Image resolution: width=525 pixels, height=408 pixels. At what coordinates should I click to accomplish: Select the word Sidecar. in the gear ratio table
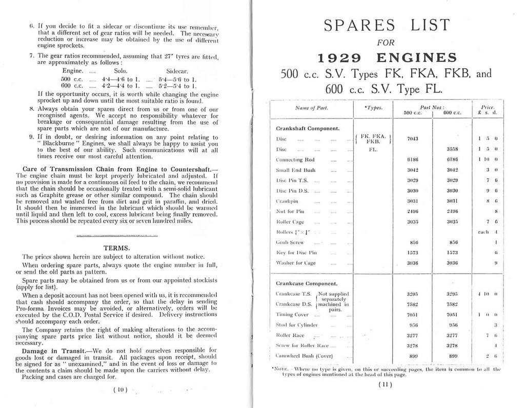[179, 70]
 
